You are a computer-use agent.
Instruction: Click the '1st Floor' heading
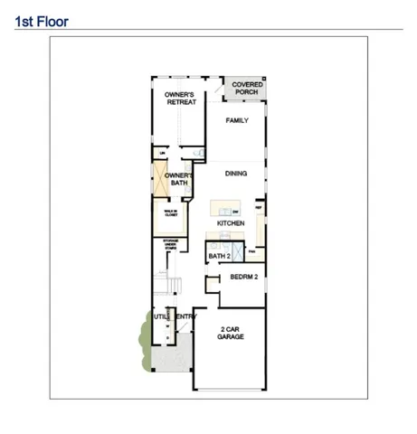41,17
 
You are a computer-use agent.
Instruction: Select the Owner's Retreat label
181,99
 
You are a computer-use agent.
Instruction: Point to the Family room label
237,119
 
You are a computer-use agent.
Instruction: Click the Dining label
236,172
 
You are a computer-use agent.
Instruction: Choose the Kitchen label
232,222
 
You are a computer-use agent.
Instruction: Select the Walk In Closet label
169,215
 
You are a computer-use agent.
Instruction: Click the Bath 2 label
220,256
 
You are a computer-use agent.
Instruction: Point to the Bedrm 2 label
244,277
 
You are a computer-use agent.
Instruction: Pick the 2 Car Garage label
231,332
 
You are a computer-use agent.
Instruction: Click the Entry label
185,316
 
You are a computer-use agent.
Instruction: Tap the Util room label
161,316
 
